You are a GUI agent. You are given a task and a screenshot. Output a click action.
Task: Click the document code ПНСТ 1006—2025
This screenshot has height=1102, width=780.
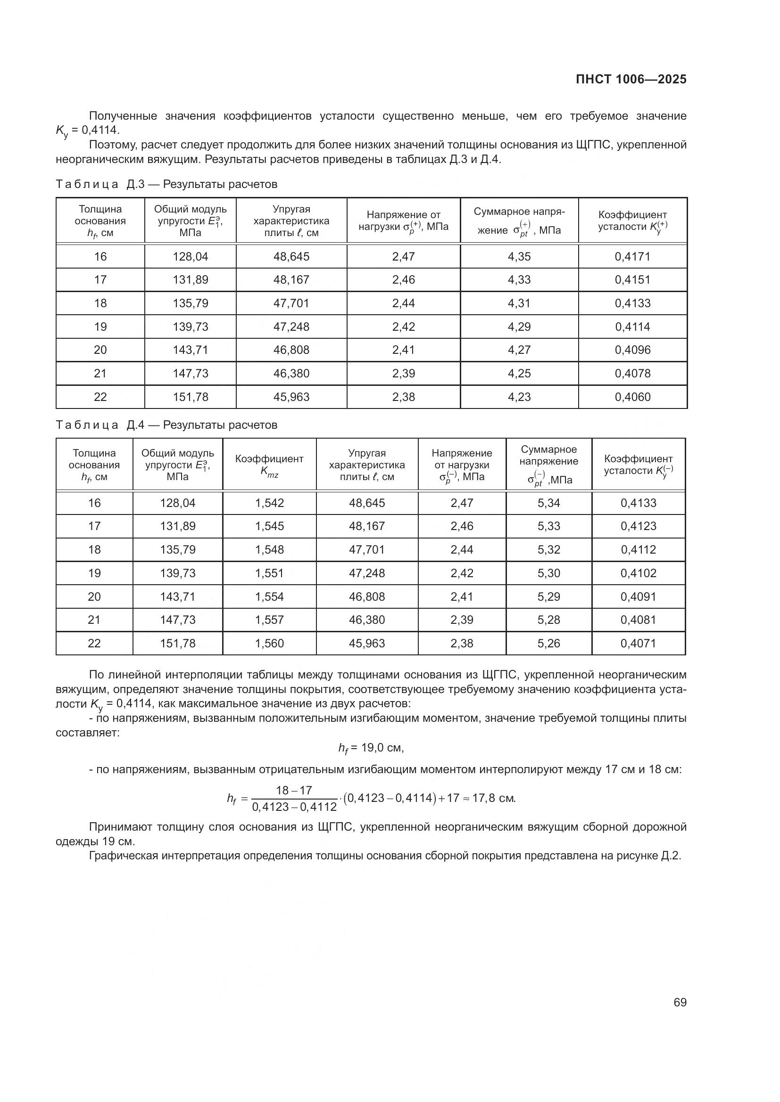coord(631,80)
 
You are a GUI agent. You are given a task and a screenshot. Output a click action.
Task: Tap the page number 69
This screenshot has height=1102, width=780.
coord(680,1003)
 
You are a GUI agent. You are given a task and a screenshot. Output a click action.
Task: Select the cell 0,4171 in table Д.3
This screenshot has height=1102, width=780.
coord(632,257)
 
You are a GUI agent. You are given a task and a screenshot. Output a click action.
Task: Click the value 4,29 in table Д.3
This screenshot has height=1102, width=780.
coord(519,327)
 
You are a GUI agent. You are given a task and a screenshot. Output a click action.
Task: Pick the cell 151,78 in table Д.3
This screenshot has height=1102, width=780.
coord(190,397)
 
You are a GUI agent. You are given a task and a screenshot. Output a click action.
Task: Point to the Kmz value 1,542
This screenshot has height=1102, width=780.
coord(269,503)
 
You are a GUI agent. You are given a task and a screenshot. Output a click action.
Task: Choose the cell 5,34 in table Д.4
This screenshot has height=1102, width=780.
coord(548,503)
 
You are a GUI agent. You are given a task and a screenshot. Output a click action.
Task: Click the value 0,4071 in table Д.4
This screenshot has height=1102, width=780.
coord(638,643)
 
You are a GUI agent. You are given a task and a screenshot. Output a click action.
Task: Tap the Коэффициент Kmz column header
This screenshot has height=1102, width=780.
coord(269,465)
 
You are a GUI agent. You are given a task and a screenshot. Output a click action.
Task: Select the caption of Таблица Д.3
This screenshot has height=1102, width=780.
coord(166,184)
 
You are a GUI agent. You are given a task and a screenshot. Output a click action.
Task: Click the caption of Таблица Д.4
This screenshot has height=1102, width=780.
coord(166,425)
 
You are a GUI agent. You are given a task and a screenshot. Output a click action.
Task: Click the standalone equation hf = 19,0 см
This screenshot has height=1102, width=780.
coord(371,748)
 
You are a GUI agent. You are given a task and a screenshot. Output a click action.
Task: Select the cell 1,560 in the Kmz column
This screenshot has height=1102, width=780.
coord(269,643)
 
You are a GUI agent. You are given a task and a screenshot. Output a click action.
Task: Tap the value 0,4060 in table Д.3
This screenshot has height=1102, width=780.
coord(632,397)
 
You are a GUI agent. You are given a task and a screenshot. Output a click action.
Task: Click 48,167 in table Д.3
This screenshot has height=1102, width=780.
coord(291,280)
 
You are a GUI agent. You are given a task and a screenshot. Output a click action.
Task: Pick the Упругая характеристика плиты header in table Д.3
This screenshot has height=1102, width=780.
coord(291,221)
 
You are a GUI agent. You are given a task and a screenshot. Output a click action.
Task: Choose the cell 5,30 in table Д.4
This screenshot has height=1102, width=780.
coord(548,573)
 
